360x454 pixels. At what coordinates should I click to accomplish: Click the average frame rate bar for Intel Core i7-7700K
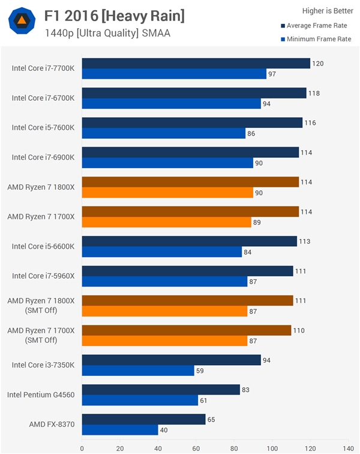coord(196,63)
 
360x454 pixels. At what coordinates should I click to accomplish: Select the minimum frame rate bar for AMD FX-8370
coord(120,430)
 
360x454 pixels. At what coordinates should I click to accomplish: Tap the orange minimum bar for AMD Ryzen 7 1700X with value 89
coord(166,222)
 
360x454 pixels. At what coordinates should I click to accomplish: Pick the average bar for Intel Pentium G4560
coord(161,390)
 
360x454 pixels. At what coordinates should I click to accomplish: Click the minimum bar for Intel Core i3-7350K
coord(138,371)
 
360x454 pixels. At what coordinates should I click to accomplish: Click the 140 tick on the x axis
coord(348,447)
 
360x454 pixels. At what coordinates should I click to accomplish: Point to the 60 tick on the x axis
coord(196,447)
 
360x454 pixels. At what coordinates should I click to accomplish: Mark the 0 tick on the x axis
coord(82,447)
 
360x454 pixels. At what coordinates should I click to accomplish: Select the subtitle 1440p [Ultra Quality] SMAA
coord(107,34)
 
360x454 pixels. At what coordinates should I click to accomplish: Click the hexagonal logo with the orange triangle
coord(22,22)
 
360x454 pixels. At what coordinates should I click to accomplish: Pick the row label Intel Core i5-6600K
coord(43,246)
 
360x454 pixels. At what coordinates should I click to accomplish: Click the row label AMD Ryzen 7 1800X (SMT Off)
coord(41,305)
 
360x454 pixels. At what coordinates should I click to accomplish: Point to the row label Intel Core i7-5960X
coord(43,276)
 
